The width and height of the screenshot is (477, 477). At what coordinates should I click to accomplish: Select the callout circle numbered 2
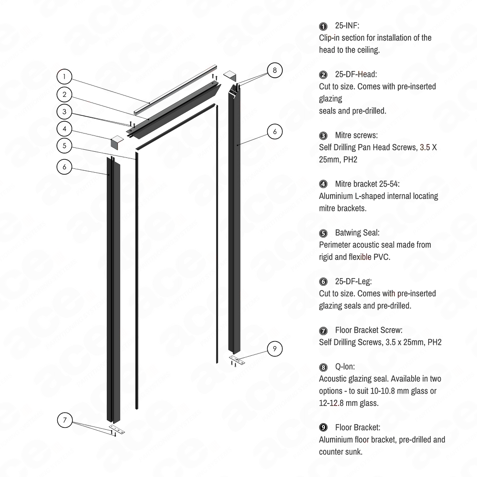[65, 94]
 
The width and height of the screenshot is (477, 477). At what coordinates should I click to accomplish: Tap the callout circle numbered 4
[65, 128]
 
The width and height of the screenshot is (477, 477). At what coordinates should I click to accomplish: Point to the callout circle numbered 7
[65, 420]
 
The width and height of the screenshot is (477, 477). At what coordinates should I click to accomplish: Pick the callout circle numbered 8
[274, 70]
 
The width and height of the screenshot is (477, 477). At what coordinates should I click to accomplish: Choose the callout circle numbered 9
[275, 347]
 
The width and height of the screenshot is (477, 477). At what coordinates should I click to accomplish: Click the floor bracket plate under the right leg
[236, 358]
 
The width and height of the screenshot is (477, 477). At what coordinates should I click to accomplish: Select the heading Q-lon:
[344, 367]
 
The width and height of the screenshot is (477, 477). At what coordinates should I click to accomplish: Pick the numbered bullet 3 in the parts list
[323, 135]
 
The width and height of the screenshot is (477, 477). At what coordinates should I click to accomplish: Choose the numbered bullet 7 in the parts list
[323, 330]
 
